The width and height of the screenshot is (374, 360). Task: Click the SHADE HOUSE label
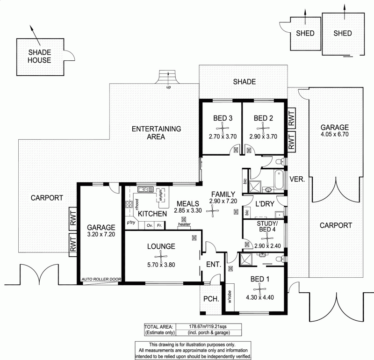pyautogui.click(x=39, y=56)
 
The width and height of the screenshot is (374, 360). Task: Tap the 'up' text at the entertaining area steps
pyautogui.click(x=168, y=87)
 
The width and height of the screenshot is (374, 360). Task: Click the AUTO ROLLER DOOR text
pyautogui.click(x=101, y=279)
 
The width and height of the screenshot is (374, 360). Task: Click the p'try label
pyautogui.click(x=131, y=222)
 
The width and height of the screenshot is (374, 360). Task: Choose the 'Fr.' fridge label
pyautogui.click(x=159, y=225)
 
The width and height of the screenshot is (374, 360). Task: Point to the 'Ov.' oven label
pyautogui.click(x=150, y=225)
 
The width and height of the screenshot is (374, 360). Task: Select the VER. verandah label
pyautogui.click(x=297, y=179)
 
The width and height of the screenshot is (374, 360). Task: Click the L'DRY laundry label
pyautogui.click(x=264, y=204)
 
